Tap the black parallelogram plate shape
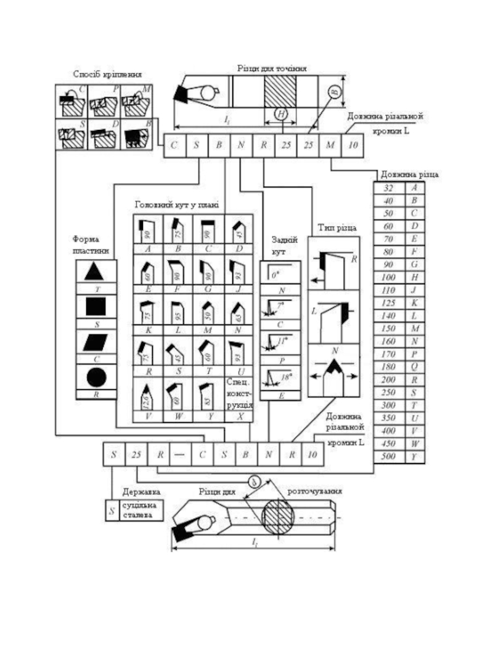[96, 341]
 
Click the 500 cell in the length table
[389, 456]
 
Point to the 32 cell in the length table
[389, 187]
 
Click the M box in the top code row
[331, 145]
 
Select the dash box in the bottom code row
[181, 456]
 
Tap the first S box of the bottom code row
[113, 456]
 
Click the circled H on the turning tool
[282, 114]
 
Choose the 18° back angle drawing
[280, 377]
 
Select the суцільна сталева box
[141, 510]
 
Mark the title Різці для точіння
[272, 67]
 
